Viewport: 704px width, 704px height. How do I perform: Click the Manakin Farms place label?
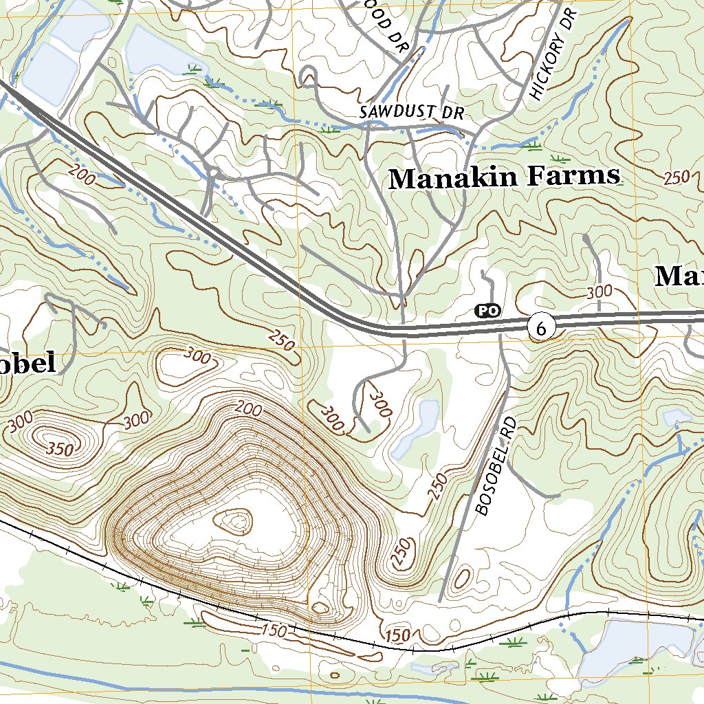point(504,177)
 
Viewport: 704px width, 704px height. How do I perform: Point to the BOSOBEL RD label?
point(495,465)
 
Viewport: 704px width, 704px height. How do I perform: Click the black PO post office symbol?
point(487,311)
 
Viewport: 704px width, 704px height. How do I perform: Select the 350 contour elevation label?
point(60,448)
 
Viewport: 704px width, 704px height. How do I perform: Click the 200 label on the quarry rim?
point(247,410)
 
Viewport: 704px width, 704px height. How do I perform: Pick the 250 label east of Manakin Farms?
point(676,177)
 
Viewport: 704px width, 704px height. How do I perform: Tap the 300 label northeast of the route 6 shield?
point(599,292)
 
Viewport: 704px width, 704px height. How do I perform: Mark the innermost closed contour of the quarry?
point(236,520)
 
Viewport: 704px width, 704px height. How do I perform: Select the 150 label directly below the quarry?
point(272,629)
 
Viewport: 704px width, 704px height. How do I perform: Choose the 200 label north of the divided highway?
point(82,175)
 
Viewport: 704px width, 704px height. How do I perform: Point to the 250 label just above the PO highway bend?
point(282,340)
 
